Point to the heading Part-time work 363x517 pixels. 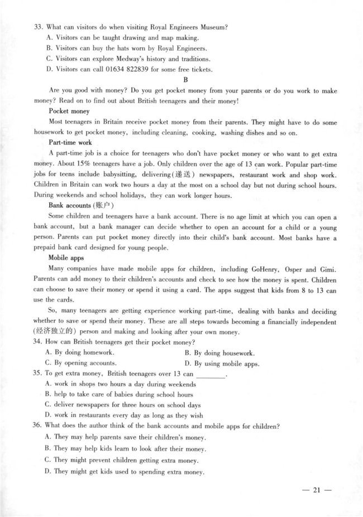pyautogui.click(x=70, y=143)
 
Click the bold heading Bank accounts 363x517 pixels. pyautogui.click(x=69, y=205)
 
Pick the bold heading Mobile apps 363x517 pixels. pyautogui.click(x=67, y=258)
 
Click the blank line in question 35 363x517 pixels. pyautogui.click(x=212, y=374)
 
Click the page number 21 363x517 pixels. pyautogui.click(x=316, y=490)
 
